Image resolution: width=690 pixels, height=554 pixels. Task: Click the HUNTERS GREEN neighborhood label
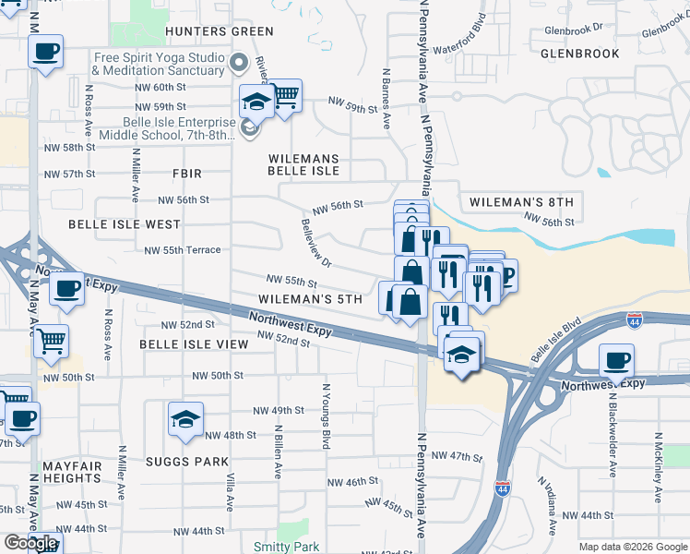pyautogui.click(x=207, y=31)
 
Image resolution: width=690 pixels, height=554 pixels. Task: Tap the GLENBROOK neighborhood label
pyautogui.click(x=579, y=54)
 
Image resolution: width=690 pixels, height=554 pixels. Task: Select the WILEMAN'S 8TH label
pyautogui.click(x=521, y=201)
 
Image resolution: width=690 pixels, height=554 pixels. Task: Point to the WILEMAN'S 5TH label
pyautogui.click(x=310, y=300)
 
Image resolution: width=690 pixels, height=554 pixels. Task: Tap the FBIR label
pyautogui.click(x=186, y=174)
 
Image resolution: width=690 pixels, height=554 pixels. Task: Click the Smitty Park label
pyautogui.click(x=286, y=547)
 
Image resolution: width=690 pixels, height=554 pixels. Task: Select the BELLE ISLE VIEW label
pyautogui.click(x=194, y=343)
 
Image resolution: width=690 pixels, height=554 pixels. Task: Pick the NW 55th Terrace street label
pyautogui.click(x=183, y=250)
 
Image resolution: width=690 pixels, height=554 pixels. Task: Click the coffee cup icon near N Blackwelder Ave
pyautogui.click(x=617, y=360)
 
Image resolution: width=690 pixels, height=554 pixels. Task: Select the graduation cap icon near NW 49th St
pyautogui.click(x=186, y=419)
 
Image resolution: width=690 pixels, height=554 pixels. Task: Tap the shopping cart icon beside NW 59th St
pyautogui.click(x=285, y=94)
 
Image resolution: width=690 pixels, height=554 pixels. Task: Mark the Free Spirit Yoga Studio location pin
pyautogui.click(x=240, y=64)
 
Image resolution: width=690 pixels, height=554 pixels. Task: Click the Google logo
pyautogui.click(x=30, y=544)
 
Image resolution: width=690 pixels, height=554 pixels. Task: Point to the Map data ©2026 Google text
pyautogui.click(x=633, y=547)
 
